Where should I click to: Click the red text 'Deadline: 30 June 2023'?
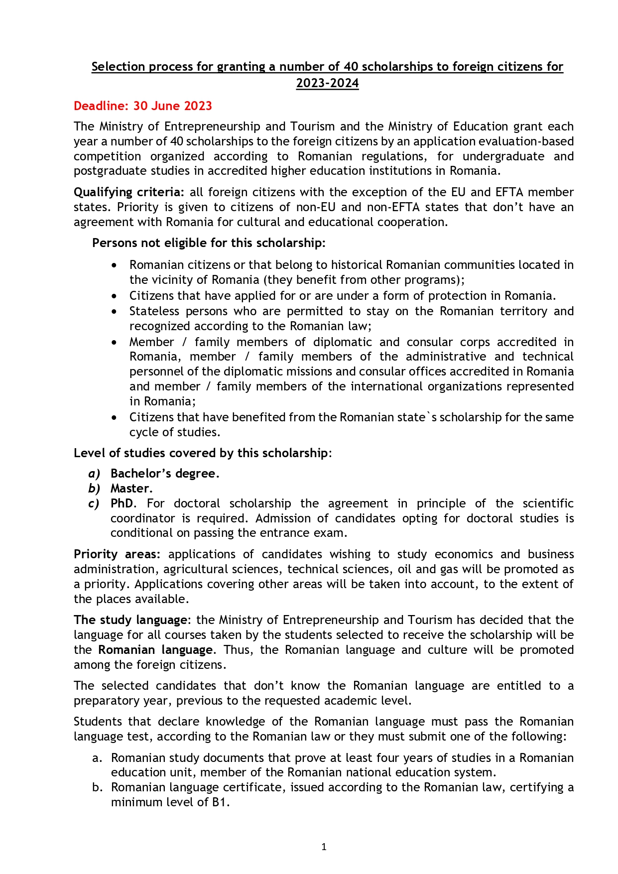(x=142, y=106)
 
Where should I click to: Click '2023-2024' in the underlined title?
(x=327, y=83)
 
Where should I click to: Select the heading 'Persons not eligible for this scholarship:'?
(x=209, y=243)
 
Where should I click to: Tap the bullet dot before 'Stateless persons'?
(x=115, y=312)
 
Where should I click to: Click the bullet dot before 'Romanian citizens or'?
(x=115, y=265)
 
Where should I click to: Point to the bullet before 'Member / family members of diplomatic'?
(x=115, y=343)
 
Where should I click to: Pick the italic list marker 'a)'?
(x=94, y=474)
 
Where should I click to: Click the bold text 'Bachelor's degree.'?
(x=165, y=474)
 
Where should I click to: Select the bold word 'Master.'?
(x=131, y=489)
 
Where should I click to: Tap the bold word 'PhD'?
(x=122, y=503)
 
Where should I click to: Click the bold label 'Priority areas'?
(x=117, y=554)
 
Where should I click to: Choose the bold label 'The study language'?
(x=131, y=620)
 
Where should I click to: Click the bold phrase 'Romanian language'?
(x=155, y=650)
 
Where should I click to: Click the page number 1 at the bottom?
(x=324, y=847)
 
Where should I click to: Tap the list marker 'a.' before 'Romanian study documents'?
(x=98, y=758)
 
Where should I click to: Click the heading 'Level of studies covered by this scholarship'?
(x=201, y=453)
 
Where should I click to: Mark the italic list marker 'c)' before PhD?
(x=94, y=503)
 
